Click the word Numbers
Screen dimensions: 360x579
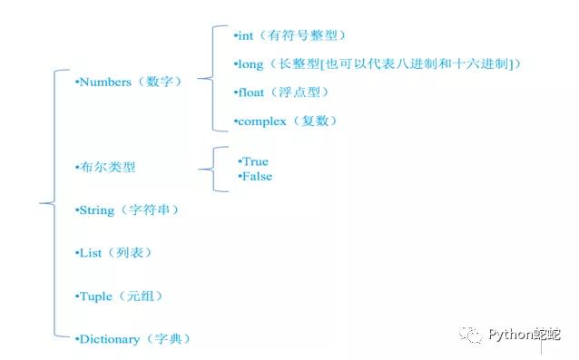pos(105,82)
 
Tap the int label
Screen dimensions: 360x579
pos(246,35)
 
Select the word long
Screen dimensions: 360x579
pos(250,63)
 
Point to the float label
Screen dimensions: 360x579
pos(250,92)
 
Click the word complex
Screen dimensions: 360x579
pos(260,121)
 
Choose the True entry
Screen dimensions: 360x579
pos(255,161)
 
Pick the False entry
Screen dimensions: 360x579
pos(257,176)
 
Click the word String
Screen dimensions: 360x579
pos(97,210)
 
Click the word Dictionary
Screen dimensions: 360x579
pos(110,339)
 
